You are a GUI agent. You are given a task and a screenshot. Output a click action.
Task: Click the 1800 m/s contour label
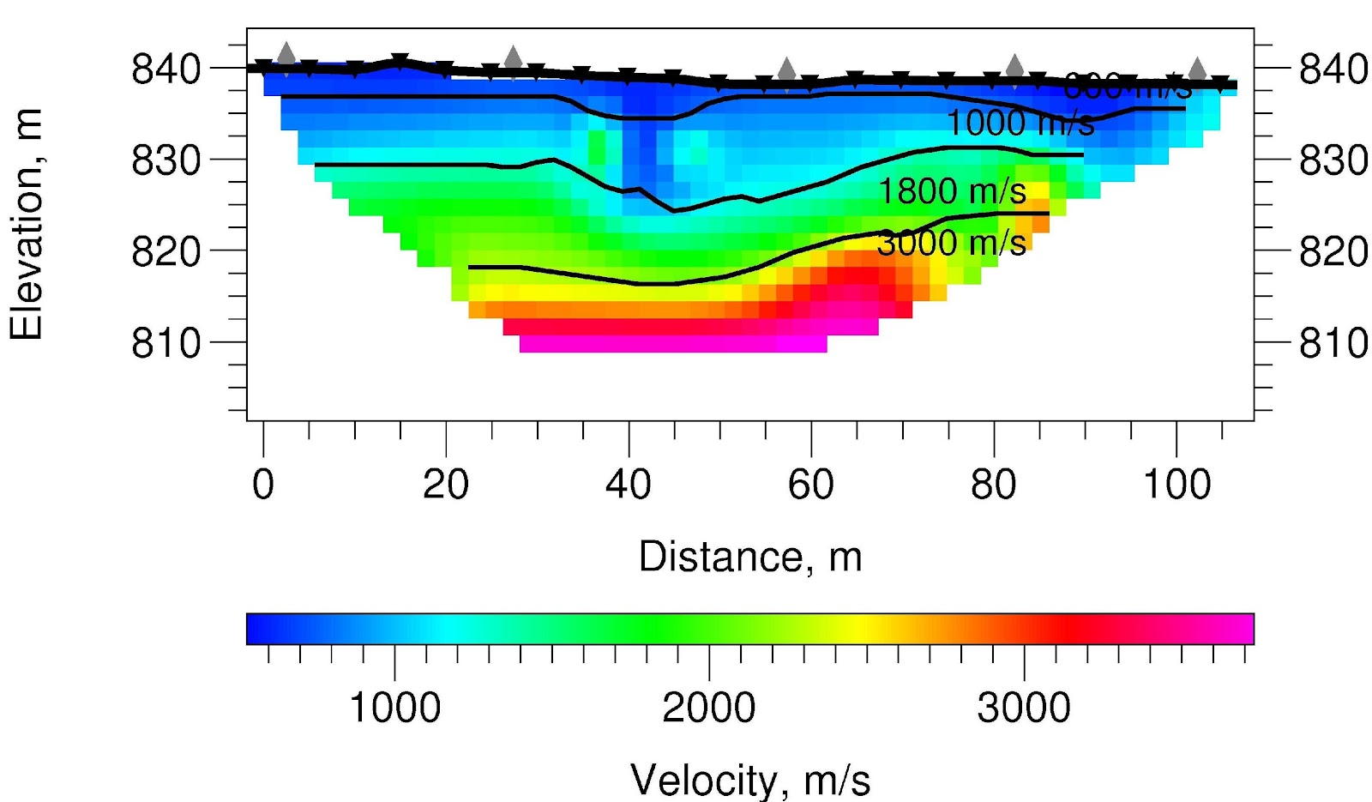point(952,191)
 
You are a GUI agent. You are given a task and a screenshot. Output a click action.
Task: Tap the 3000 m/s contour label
point(952,244)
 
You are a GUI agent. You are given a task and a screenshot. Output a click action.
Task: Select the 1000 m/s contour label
point(1020,124)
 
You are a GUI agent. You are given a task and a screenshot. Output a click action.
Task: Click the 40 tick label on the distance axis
point(629,485)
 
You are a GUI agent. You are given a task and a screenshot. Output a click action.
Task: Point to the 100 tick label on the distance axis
point(1176,485)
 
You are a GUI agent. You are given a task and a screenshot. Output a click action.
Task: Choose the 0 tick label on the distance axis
point(263,485)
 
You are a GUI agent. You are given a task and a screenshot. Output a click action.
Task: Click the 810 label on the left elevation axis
point(166,343)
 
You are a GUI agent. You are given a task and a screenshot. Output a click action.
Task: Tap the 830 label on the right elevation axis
point(1333,160)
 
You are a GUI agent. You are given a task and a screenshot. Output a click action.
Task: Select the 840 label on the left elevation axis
point(166,69)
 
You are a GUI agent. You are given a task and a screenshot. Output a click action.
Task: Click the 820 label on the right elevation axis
point(1333,252)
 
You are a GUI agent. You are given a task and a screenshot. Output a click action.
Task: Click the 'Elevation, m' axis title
point(27,225)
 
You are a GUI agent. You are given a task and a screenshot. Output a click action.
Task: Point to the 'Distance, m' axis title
point(750,557)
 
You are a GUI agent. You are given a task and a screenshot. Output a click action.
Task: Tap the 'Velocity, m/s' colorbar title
point(750,780)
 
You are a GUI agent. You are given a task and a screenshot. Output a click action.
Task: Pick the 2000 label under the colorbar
point(709,709)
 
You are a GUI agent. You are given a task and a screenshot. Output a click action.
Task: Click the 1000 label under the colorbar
point(395,709)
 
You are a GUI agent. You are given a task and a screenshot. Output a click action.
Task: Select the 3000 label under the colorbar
point(1024,709)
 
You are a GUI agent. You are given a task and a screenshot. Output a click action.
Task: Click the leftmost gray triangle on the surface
point(286,54)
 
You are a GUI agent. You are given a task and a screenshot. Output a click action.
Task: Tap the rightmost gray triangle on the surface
point(1197,69)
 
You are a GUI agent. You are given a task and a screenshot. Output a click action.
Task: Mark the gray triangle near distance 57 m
point(786,70)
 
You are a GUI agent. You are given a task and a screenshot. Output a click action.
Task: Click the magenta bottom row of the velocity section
point(673,344)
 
